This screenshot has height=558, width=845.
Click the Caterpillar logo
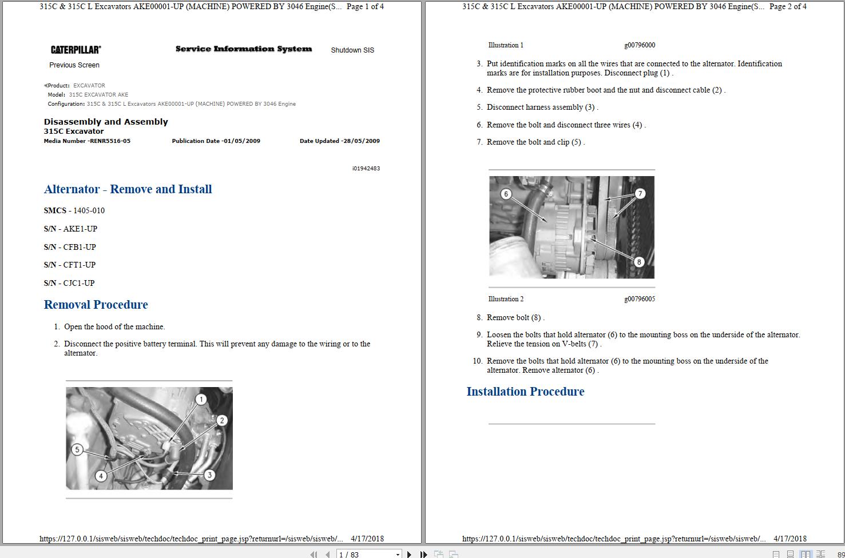point(76,50)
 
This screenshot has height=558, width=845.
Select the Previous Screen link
point(74,65)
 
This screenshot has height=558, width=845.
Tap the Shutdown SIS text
point(352,50)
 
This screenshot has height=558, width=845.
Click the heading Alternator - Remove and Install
point(128,189)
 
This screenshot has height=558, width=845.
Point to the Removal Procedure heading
point(96,305)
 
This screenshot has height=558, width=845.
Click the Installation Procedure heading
point(525,392)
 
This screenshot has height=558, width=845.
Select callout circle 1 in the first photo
point(201,400)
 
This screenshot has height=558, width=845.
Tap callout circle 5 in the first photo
point(77,449)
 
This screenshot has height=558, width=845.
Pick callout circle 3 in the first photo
point(209,475)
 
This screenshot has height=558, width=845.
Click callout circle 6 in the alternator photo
point(506,194)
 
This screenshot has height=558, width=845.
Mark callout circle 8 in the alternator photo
point(639,262)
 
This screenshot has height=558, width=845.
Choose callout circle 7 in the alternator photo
point(640,194)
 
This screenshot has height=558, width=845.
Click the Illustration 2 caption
point(506,299)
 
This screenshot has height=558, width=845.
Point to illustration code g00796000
point(640,45)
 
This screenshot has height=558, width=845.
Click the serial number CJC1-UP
point(78,283)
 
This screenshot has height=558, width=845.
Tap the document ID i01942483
point(366,169)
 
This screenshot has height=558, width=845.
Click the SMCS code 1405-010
point(89,210)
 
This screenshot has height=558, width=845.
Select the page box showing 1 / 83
point(368,554)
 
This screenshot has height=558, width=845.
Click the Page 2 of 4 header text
point(788,7)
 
